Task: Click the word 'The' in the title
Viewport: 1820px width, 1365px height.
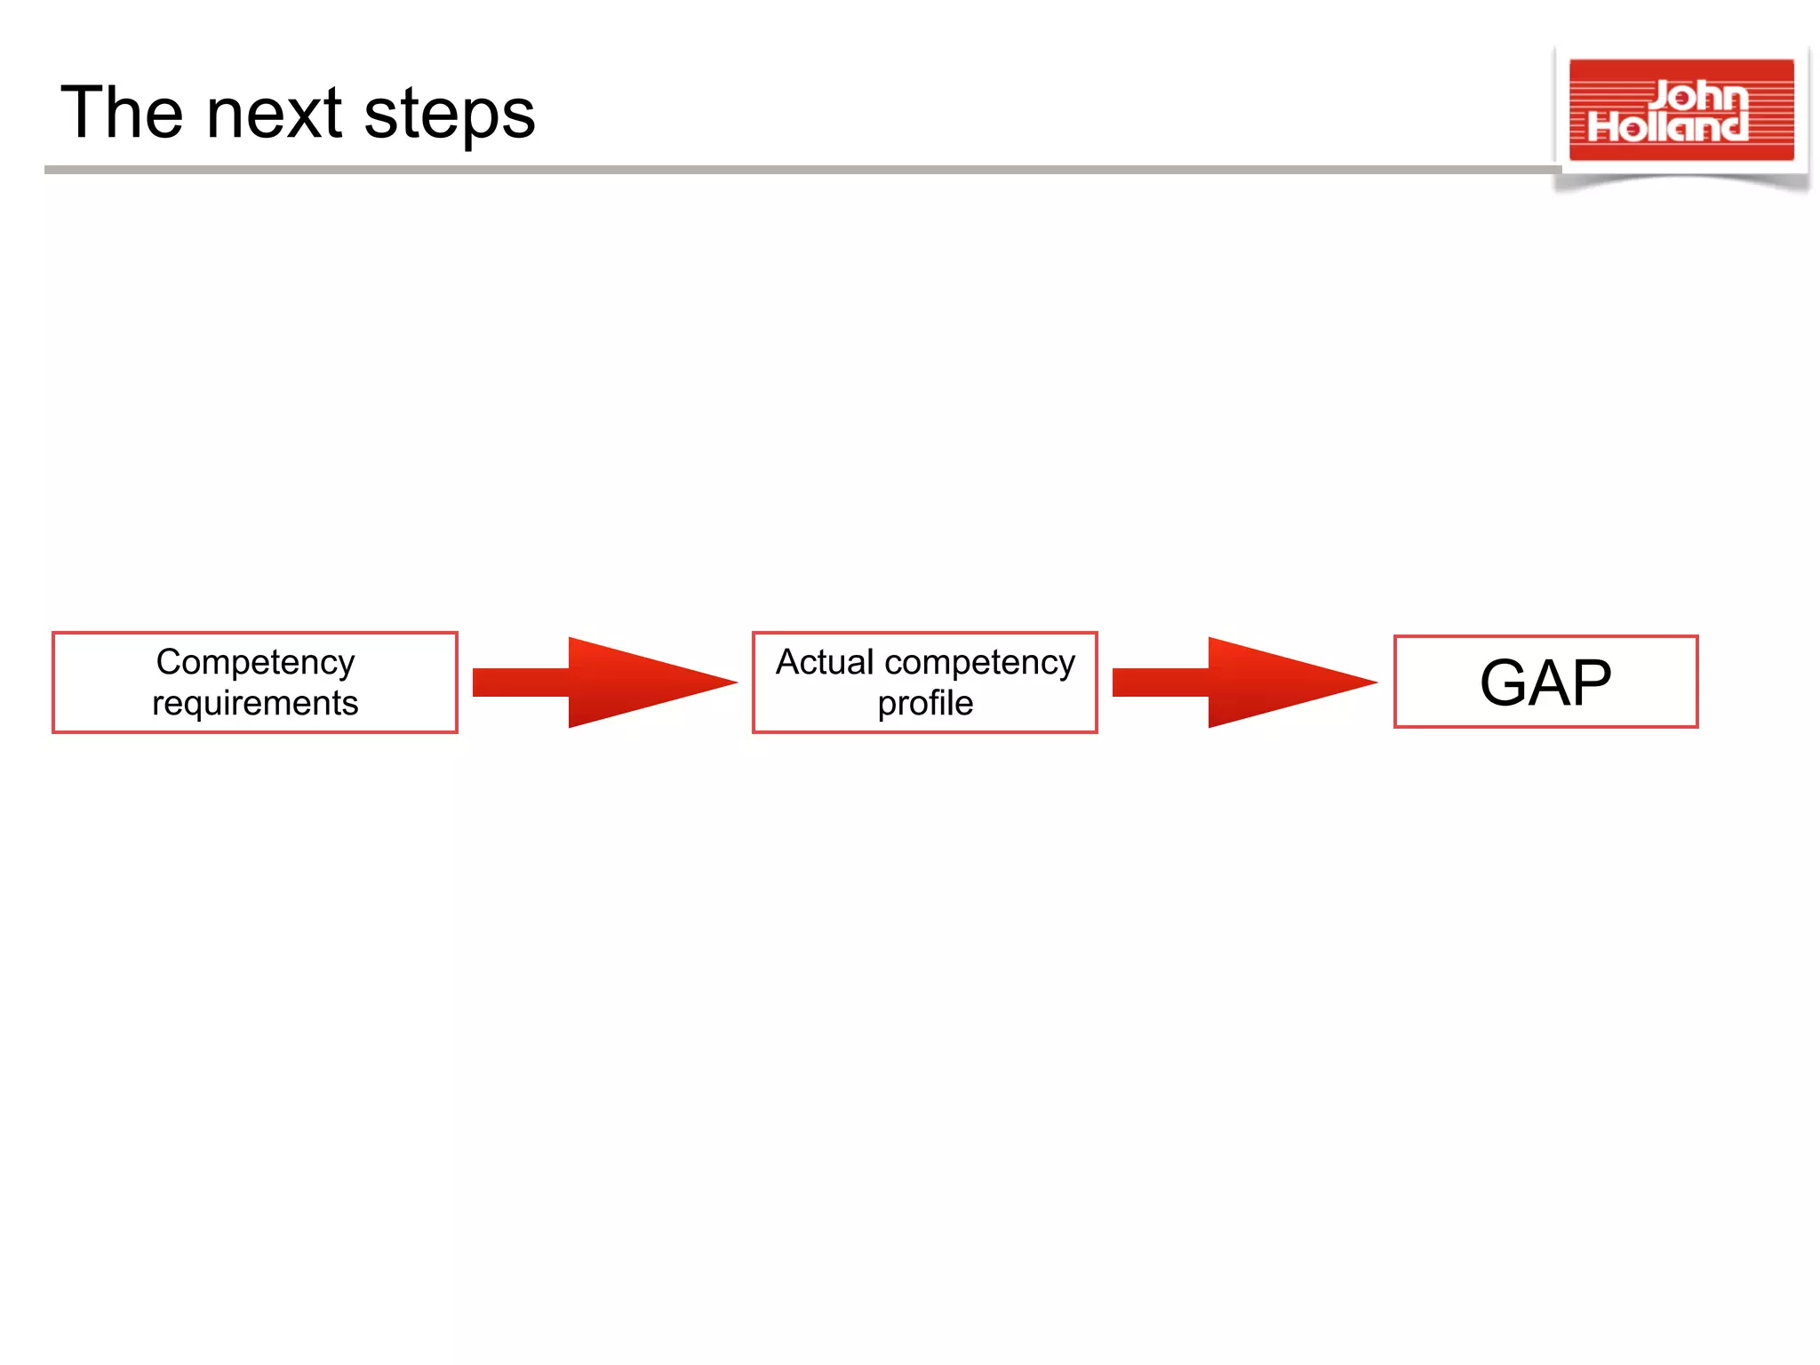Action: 122,113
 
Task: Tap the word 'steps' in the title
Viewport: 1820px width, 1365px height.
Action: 450,116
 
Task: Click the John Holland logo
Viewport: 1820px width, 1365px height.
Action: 1680,111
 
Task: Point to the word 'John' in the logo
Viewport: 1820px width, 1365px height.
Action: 1699,95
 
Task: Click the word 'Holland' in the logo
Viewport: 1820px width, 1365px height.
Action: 1668,127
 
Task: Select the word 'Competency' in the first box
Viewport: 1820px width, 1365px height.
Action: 255,663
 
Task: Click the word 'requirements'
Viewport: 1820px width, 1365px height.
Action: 255,703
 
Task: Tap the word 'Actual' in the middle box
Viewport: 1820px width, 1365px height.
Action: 825,662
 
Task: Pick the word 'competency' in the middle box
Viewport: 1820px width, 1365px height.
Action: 979,663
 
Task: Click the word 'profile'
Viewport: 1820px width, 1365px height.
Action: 925,703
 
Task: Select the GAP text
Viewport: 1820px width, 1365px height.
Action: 1545,682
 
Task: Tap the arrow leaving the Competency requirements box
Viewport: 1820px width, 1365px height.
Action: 604,682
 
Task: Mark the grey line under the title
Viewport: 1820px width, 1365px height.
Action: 800,169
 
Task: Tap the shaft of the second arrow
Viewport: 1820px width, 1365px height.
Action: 1160,682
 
